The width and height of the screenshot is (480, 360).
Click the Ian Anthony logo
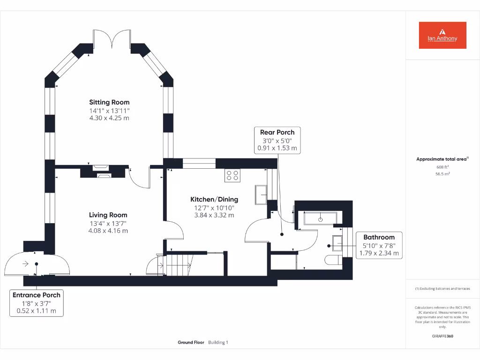pyautogui.click(x=442, y=35)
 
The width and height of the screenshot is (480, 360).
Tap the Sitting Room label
pyautogui.click(x=109, y=102)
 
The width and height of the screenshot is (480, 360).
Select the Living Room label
pyautogui.click(x=108, y=215)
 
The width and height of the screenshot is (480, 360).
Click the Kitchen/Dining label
pyautogui.click(x=214, y=199)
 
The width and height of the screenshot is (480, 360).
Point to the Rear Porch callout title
pyautogui.click(x=277, y=132)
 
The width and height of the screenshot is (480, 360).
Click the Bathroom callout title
pyautogui.click(x=379, y=237)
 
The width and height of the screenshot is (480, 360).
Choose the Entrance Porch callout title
pyautogui.click(x=36, y=295)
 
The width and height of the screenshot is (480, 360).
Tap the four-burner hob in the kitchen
pyautogui.click(x=233, y=175)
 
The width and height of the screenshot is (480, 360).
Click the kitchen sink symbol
pyautogui.click(x=261, y=195)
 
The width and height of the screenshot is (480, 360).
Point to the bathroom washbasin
pyautogui.click(x=337, y=241)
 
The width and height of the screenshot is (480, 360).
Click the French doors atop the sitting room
pyautogui.click(x=112, y=39)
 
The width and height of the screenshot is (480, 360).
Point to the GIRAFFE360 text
pyautogui.click(x=442, y=336)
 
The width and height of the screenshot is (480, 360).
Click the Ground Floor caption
pyautogui.click(x=191, y=343)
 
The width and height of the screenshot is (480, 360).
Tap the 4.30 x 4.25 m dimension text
pyautogui.click(x=109, y=118)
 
